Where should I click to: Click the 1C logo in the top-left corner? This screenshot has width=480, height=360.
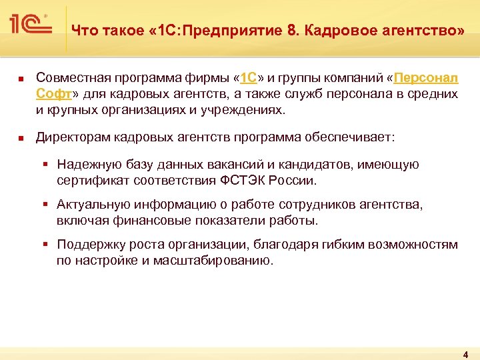(31, 25)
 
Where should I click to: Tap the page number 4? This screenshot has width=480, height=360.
(465, 353)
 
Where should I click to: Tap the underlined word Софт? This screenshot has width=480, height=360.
(51, 94)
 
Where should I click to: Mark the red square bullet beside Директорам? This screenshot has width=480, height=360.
(20, 138)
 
